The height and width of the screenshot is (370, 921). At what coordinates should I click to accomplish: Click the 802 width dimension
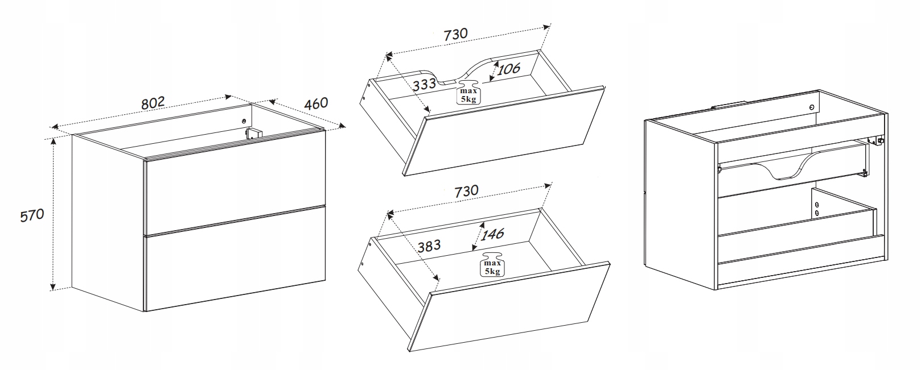pos(153,103)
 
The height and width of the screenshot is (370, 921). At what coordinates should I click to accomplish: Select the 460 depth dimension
pos(316,103)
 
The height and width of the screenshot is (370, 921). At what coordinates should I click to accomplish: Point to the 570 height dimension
pos(32,215)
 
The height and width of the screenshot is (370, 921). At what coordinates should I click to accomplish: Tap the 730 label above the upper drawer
pos(455,34)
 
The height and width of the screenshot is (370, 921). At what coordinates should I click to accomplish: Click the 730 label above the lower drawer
pos(467,191)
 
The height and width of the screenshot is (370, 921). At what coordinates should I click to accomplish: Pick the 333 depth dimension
pos(424,84)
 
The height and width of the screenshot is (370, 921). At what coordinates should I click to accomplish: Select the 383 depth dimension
pos(429,246)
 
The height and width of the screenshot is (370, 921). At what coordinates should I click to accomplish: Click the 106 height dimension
pos(509,69)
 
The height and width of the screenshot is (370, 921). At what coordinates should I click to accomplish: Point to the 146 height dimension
pos(492,234)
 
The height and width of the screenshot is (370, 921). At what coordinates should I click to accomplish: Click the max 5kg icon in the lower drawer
pos(492,264)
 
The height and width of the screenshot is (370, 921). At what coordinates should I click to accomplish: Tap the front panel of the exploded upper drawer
pos(504,131)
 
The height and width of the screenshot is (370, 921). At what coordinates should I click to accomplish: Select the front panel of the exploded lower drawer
pos(509,306)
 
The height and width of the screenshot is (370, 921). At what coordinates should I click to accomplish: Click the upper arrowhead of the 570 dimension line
pos(53,142)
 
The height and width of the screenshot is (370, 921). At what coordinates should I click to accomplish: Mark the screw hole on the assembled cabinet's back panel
pos(244,121)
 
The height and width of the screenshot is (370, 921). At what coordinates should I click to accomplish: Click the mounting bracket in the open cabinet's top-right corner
pos(876,140)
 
